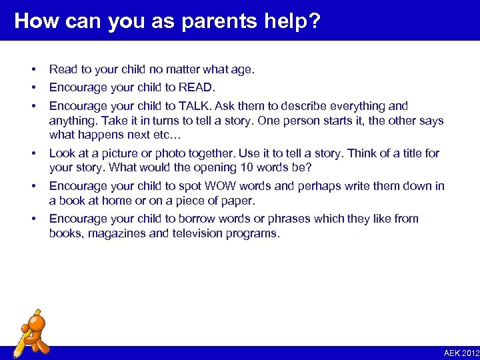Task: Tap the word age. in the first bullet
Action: pos(243,69)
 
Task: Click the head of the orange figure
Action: pos(37,324)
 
